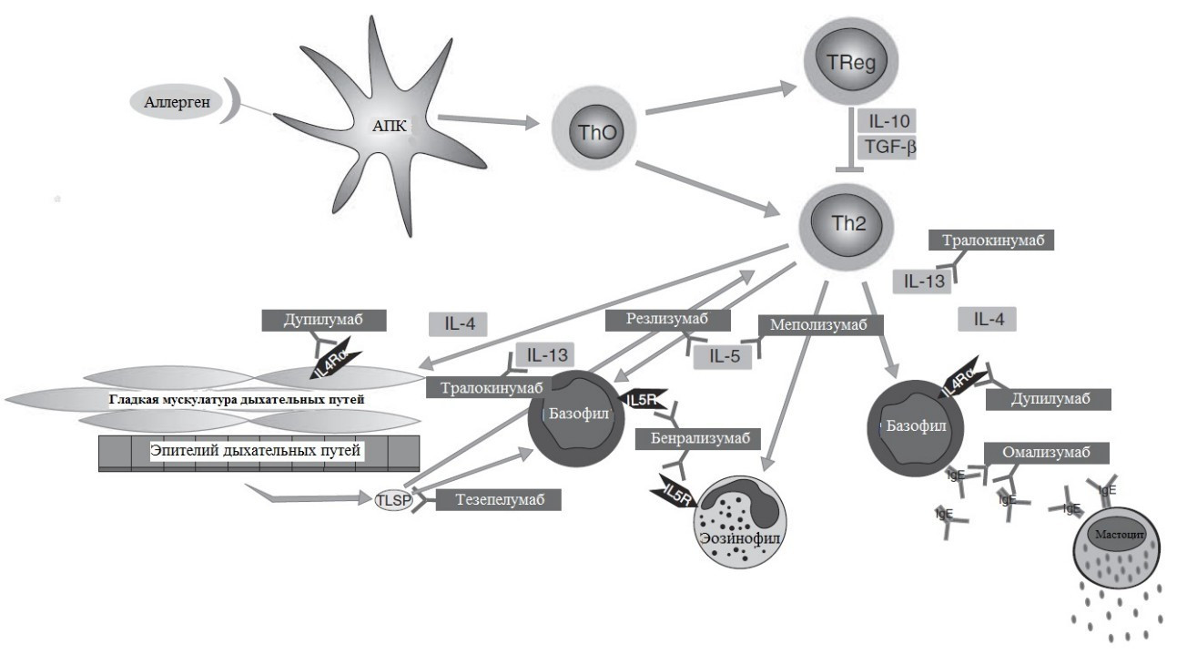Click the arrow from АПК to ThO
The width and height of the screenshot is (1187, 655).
pyautogui.click(x=487, y=120)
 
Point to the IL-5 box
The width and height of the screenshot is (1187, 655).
pyautogui.click(x=724, y=356)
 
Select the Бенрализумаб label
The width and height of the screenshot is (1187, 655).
pyautogui.click(x=698, y=438)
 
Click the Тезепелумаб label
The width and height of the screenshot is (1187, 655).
pyautogui.click(x=497, y=499)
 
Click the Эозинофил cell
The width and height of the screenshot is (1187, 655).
pyautogui.click(x=739, y=523)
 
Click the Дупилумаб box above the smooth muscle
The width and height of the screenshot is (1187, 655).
pyautogui.click(x=323, y=321)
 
